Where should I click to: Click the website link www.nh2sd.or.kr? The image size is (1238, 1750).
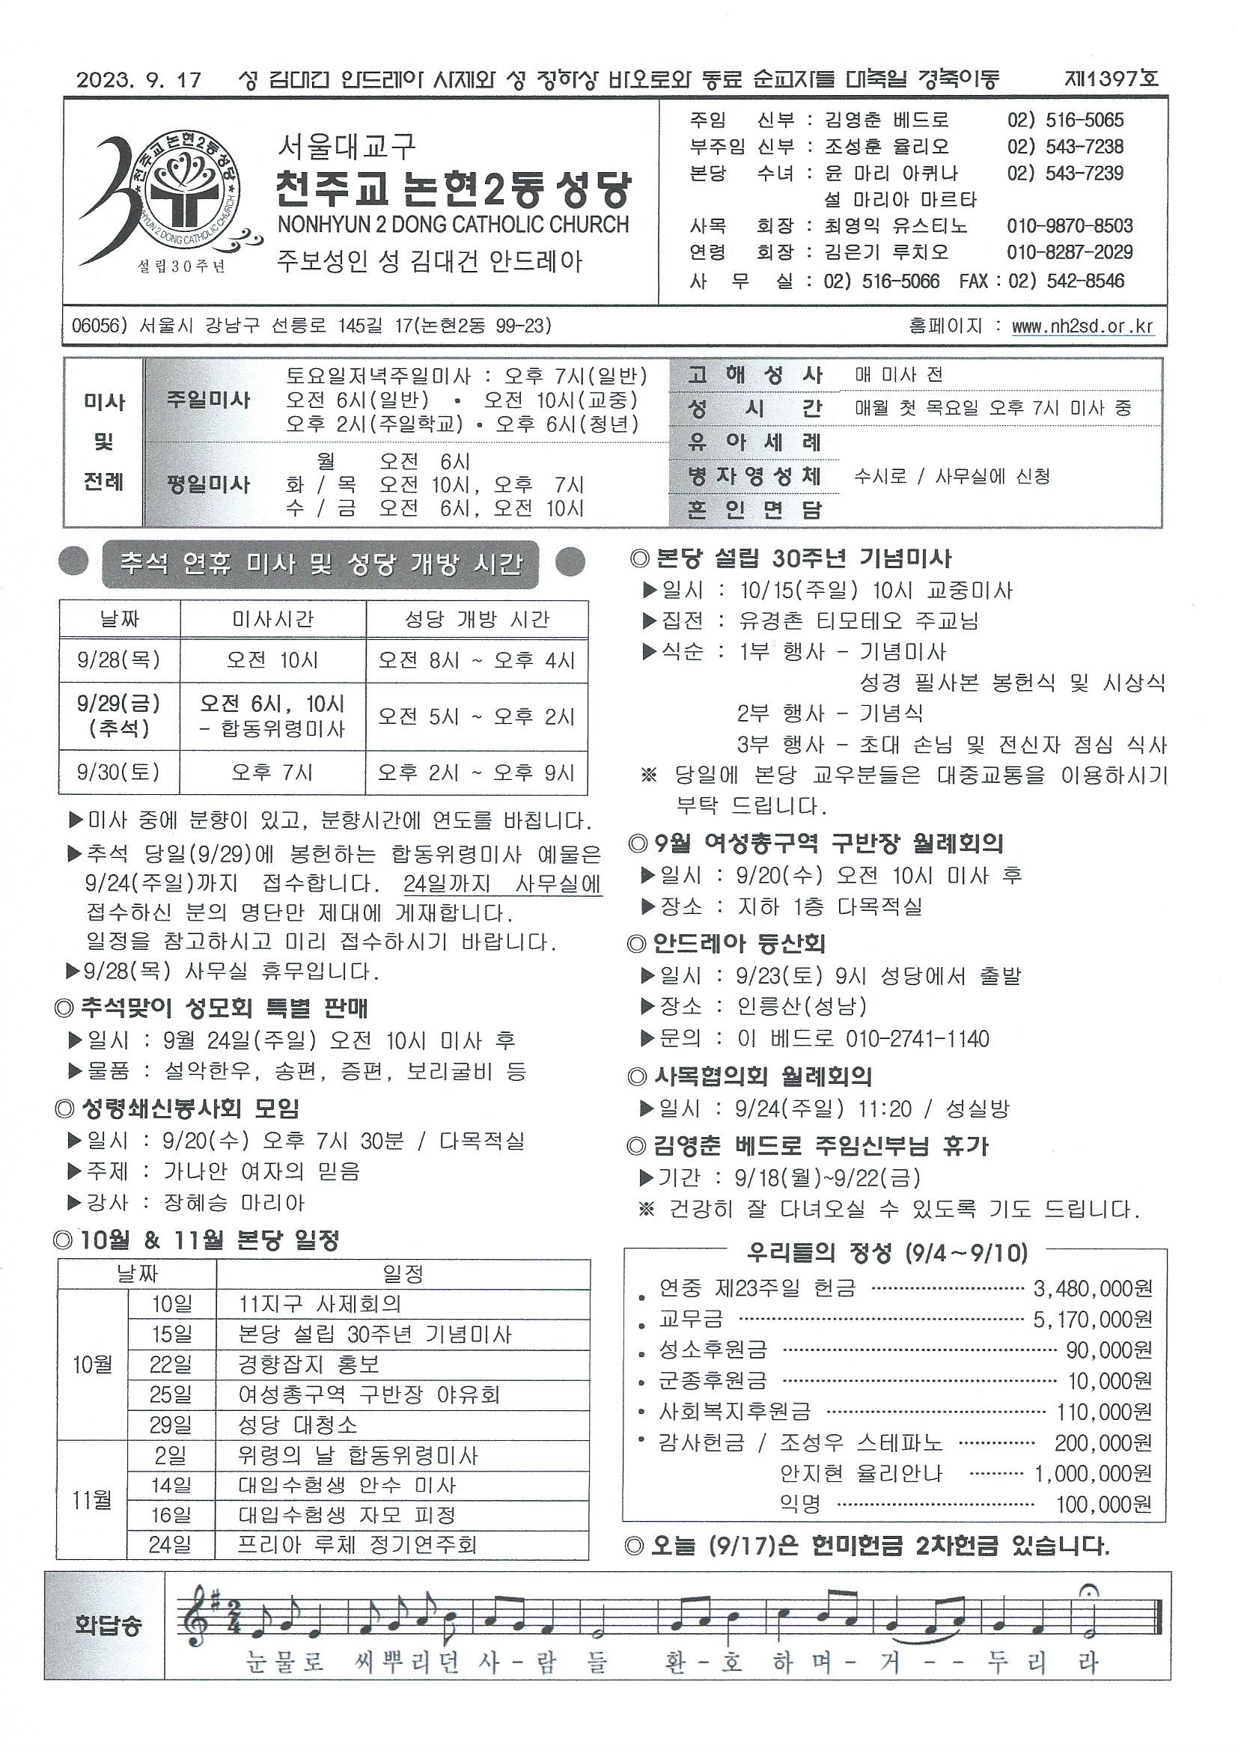click(1082, 326)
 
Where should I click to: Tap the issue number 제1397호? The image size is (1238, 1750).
click(1111, 79)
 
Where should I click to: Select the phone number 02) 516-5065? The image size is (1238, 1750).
click(1065, 121)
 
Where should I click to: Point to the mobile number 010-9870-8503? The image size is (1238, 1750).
click(1070, 226)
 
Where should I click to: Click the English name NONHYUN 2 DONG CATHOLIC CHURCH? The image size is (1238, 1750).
click(454, 225)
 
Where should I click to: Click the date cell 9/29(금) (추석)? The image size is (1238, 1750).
click(119, 716)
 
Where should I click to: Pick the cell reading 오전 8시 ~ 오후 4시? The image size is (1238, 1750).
click(477, 660)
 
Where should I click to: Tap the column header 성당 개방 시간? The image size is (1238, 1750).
click(477, 620)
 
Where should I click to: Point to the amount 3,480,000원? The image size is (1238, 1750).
click(1092, 1289)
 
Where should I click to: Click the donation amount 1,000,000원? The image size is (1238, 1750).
click(1092, 1474)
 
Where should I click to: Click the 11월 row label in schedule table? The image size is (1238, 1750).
click(92, 1501)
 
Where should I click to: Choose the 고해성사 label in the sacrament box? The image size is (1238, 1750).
click(754, 375)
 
